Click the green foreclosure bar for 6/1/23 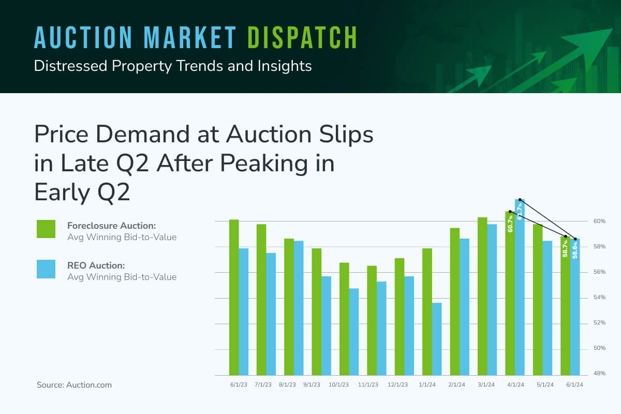click(234, 298)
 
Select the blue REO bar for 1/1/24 click(437, 339)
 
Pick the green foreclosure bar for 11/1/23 click(372, 320)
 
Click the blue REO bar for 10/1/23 click(353, 332)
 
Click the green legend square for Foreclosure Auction click(46, 229)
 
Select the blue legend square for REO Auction click(46, 269)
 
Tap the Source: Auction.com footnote click(74, 385)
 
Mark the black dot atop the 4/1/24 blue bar click(520, 200)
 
